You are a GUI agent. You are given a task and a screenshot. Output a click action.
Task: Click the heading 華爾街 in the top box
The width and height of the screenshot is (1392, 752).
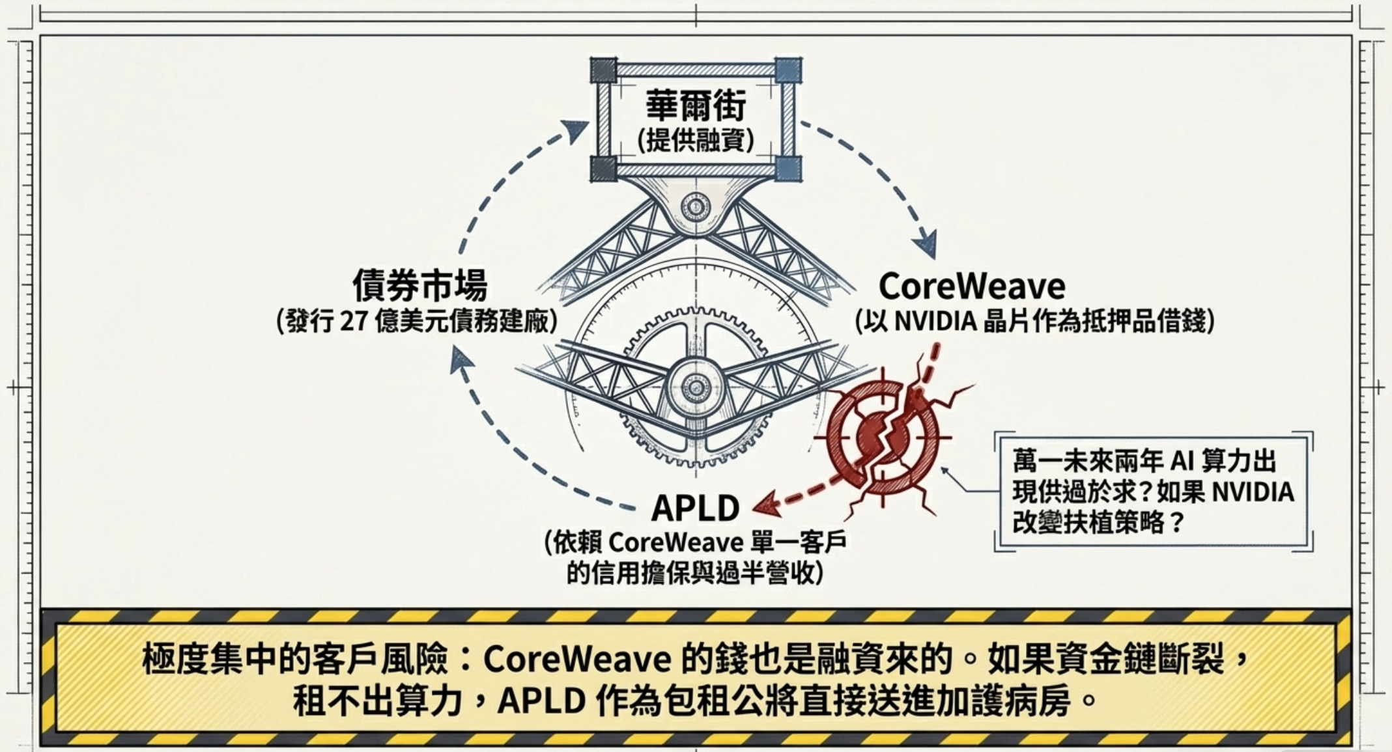[695, 105]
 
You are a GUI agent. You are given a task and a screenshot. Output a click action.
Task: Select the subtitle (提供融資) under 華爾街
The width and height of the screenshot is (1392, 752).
[695, 140]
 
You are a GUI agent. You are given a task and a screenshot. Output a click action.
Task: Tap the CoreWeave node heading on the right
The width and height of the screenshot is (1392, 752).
[972, 286]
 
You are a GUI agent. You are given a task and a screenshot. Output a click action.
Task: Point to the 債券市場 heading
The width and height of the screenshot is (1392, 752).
[420, 285]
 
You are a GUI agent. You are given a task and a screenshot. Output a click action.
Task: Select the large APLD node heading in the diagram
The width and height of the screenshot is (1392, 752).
[695, 508]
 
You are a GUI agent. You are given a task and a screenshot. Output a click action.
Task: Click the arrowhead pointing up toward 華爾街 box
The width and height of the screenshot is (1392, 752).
[575, 131]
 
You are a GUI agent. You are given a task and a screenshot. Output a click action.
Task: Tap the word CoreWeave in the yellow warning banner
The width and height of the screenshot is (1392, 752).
[577, 660]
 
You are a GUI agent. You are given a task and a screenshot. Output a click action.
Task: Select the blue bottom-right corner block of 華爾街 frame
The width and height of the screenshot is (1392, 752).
[788, 169]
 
